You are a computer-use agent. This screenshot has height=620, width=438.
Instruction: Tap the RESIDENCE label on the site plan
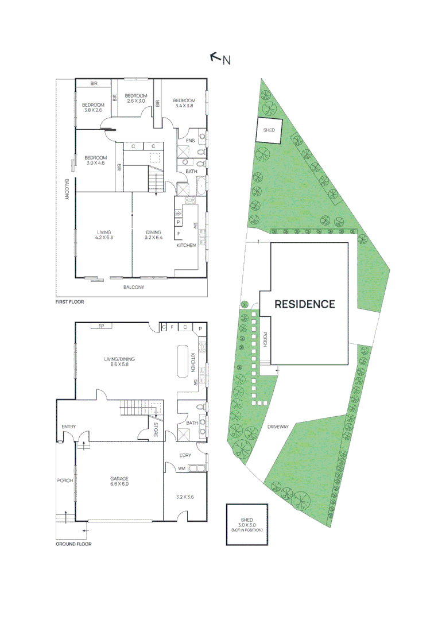[304, 304]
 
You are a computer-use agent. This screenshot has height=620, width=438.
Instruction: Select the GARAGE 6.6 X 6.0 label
[119, 481]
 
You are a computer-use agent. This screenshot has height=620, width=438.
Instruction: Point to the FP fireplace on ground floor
[102, 326]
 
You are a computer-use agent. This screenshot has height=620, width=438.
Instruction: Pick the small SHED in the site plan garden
[269, 130]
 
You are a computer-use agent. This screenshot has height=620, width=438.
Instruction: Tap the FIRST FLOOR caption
[69, 301]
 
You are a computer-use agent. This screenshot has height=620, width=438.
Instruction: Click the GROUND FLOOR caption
[73, 544]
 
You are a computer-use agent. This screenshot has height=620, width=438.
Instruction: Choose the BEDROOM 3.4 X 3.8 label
[184, 103]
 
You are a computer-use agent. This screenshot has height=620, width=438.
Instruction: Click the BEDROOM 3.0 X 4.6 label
[95, 161]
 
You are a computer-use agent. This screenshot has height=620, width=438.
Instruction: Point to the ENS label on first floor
[189, 140]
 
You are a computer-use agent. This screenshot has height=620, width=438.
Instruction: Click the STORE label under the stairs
[156, 429]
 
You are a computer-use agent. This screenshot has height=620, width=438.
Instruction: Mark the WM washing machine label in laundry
[181, 468]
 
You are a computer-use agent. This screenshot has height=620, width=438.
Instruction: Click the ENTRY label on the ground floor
[69, 427]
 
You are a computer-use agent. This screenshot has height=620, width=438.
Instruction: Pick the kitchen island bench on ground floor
[183, 361]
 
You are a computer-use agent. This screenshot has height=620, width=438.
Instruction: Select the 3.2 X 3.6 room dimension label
[185, 497]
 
